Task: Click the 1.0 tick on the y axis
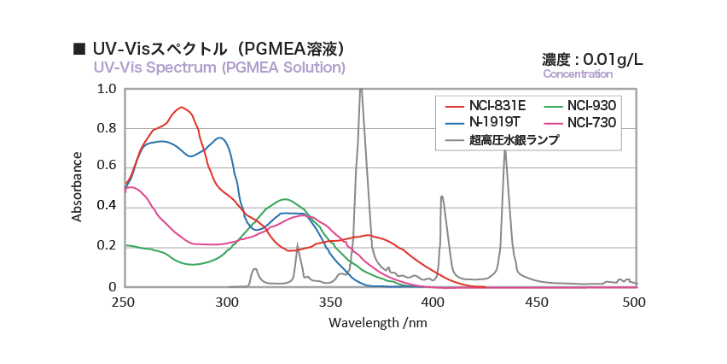pos(108,89)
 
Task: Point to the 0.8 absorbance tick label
pos(108,128)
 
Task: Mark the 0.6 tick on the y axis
pos(108,167)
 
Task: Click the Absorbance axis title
pos(78,186)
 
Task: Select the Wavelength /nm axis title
pos(377,323)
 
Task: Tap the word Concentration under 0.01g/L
pos(578,74)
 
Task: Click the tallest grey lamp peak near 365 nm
pos(361,90)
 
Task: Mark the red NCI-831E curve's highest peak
pos(181,108)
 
